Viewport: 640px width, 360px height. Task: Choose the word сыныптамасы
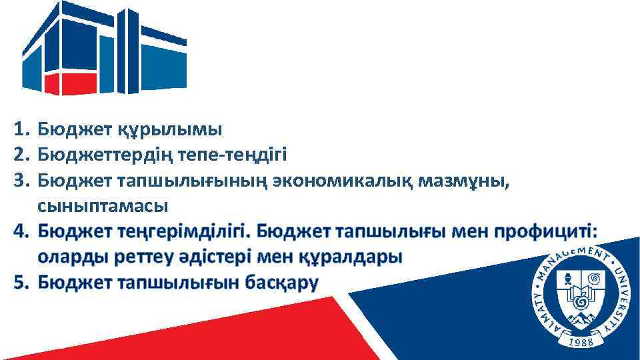(x=103, y=205)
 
